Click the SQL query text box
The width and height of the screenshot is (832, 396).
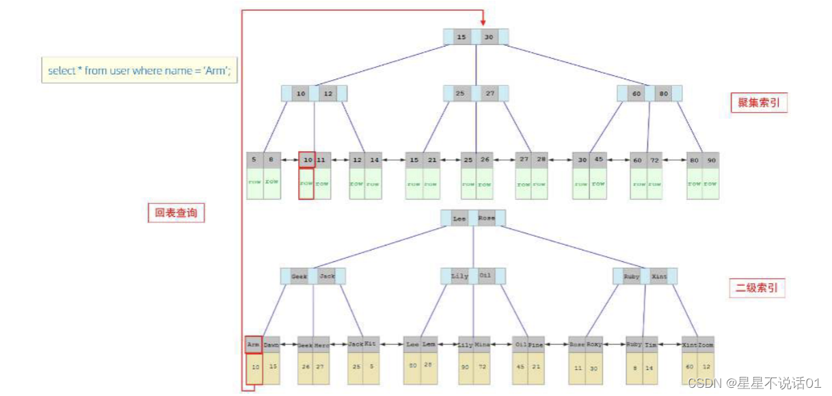139,70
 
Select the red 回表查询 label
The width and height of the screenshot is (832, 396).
176,213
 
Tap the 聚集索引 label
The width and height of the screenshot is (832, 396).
758,103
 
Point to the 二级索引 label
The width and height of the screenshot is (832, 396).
756,288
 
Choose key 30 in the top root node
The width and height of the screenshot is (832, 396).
489,37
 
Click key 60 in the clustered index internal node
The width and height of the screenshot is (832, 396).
637,94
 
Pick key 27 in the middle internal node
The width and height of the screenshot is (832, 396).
489,94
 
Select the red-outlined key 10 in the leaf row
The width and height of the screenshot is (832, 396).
307,160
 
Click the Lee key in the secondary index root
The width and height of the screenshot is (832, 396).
459,219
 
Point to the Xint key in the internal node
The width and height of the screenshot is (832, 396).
659,276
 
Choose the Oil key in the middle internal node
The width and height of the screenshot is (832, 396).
485,276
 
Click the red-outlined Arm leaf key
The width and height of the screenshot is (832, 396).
254,345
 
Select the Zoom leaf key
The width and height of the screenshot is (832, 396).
706,345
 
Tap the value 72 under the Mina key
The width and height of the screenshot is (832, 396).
481,367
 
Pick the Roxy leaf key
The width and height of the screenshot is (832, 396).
594,345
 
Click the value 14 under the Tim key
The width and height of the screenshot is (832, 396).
649,367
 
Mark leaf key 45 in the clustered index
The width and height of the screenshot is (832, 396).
598,160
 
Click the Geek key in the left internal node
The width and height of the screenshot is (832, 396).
299,276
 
